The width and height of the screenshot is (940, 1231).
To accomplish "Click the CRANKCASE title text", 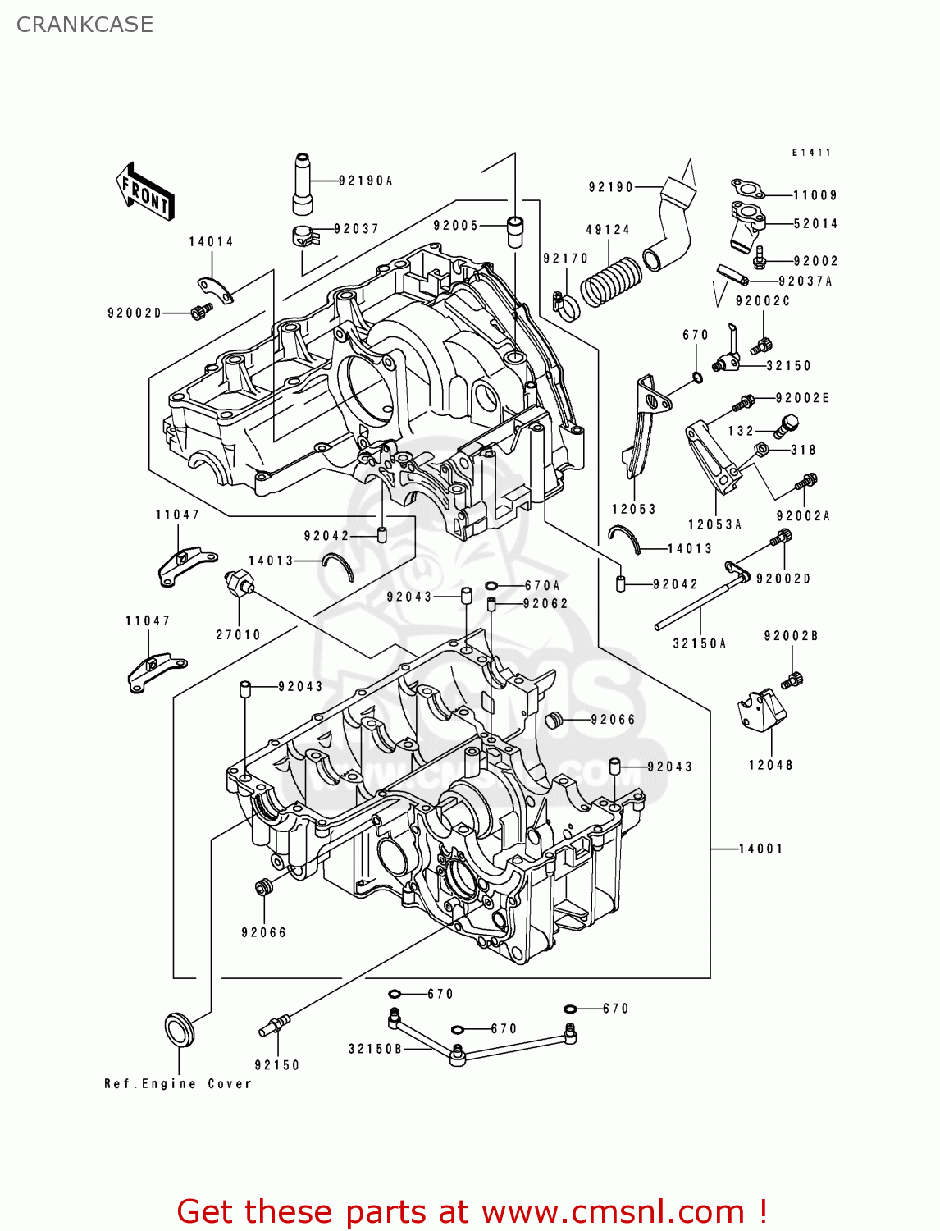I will coord(84,25).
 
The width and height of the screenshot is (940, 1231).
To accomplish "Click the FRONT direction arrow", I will coord(146,193).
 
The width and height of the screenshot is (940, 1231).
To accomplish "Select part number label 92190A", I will coord(366,181).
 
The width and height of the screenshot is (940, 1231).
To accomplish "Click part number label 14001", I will coord(760,849).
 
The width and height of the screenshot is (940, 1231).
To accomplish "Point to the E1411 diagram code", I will coord(811,153).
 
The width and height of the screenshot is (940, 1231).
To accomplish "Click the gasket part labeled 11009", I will coord(747,190).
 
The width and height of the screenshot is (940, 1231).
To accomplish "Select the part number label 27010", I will coord(238,634).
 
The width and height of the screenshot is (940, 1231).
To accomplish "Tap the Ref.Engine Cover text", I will coord(178,1084).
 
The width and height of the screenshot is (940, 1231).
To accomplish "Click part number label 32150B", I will coord(375,1049).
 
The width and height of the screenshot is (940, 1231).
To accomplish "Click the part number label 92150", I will coord(277,1065).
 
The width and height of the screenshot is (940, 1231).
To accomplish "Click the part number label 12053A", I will coord(714,524).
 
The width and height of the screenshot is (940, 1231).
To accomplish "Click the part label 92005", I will coord(456,226).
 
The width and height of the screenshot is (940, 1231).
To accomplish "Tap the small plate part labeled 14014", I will coord(215,290).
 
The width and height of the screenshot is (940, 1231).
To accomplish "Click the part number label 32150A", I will coord(700,643).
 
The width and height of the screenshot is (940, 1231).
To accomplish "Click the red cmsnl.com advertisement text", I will coord(472,1211).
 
